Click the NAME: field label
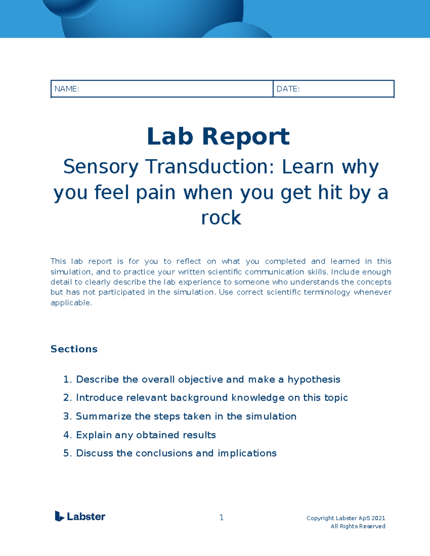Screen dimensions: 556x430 tap(67, 89)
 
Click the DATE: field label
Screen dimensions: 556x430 tap(288, 89)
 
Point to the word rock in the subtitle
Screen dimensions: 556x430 tap(221, 218)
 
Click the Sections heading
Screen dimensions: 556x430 tap(74, 349)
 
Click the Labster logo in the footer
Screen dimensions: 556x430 tap(80, 516)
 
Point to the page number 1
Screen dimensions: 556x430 tap(221, 517)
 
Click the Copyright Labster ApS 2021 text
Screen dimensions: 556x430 tap(346, 518)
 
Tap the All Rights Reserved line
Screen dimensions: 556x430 tap(358, 526)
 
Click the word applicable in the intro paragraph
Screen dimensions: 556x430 tap(71, 303)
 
